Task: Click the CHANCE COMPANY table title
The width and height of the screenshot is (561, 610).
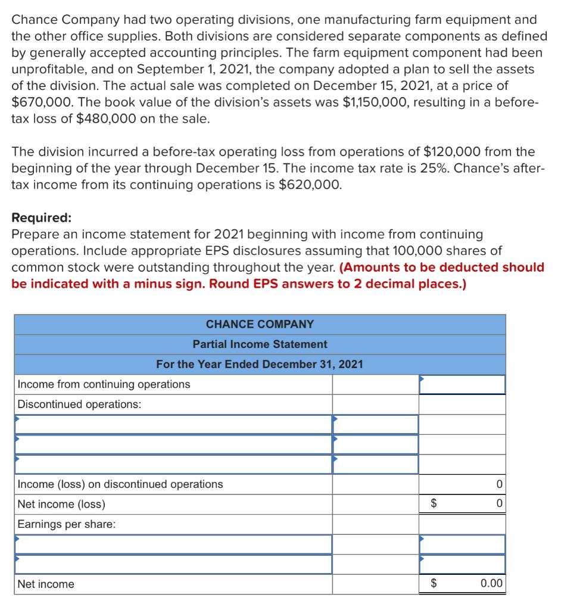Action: pos(260,324)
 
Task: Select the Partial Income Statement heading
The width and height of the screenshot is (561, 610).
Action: pos(260,344)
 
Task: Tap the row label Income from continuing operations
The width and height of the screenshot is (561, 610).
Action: pos(104,384)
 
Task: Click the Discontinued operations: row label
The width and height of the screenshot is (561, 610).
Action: pos(80,404)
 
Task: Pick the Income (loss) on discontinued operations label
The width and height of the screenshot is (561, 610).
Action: pos(120,484)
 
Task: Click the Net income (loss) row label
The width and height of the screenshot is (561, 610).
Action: pos(61,505)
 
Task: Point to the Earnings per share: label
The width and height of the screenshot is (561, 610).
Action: pos(67,524)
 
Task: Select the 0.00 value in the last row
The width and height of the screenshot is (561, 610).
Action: pos(491,584)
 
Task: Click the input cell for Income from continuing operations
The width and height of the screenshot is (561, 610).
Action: pos(462,384)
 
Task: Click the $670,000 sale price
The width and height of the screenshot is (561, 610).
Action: pos(39,102)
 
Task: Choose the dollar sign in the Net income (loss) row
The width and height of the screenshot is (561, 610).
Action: pos(434,505)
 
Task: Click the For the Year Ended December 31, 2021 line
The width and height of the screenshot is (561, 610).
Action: pos(260,364)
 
